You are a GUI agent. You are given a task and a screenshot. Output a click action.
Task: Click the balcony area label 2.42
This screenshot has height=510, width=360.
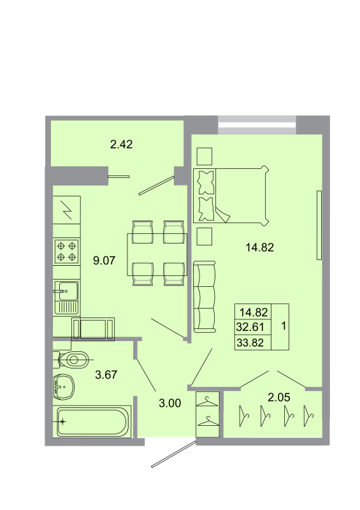121,144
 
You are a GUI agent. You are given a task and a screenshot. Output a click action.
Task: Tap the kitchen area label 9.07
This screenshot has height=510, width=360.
104,259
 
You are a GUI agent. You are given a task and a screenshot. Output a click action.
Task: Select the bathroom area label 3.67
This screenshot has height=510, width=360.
106,375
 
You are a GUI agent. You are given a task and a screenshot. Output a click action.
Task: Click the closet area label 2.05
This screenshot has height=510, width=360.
278,398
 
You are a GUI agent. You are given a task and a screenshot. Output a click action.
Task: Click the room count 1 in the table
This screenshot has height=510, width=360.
282,327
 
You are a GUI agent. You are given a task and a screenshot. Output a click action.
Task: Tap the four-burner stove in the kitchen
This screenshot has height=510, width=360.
67,251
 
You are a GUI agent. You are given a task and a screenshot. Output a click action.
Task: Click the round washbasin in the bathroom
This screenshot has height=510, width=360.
63,386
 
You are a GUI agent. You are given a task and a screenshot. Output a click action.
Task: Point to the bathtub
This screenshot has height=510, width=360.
92,421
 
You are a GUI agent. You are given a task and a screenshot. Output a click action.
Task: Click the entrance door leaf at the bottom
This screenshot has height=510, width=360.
173,454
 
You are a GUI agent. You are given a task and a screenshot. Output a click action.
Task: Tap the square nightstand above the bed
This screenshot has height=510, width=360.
205,156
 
